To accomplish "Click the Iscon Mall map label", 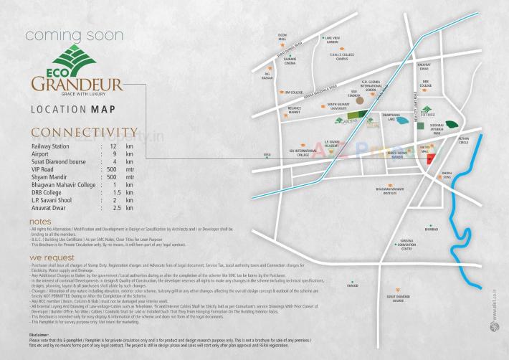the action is point(282,37).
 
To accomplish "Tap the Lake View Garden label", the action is point(331,40).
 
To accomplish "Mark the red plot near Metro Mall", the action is point(430,160).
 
